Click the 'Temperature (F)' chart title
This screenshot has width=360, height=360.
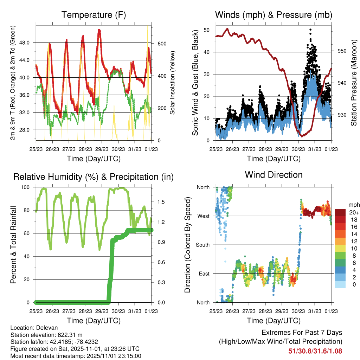point(93,15)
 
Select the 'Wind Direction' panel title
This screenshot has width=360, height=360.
point(274,174)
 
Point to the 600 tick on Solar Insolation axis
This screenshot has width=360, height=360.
point(161,44)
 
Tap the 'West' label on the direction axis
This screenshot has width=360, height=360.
point(203,216)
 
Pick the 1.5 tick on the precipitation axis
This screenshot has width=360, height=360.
point(161,202)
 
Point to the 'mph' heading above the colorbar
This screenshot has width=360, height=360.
point(353,205)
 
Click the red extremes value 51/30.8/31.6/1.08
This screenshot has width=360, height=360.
point(315,351)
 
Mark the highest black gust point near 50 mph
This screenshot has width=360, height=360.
point(310,30)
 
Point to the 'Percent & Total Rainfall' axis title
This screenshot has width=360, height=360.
point(13,245)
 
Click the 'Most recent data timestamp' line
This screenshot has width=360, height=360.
point(76,356)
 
